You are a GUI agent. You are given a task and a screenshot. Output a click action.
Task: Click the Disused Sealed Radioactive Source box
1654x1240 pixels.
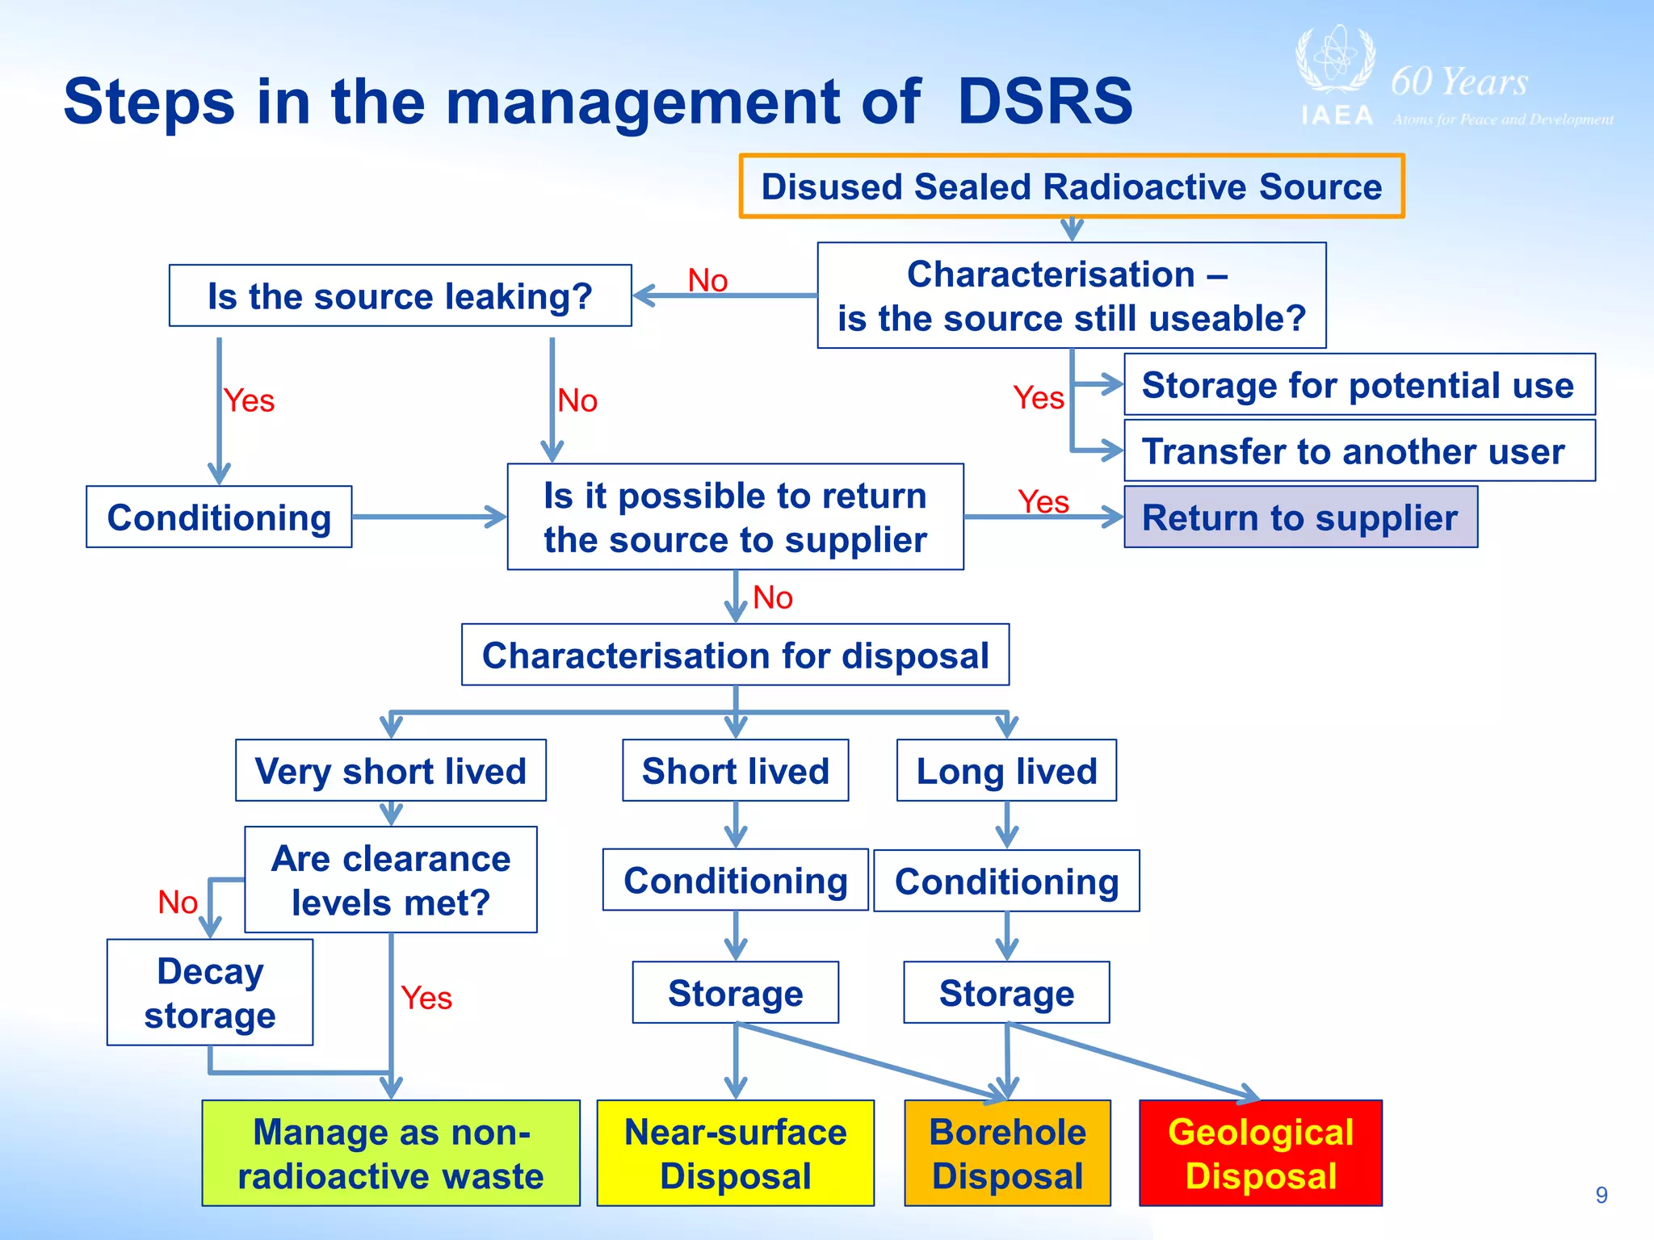(x=1071, y=186)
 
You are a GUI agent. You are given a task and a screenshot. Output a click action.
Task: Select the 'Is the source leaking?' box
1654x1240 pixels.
(x=400, y=296)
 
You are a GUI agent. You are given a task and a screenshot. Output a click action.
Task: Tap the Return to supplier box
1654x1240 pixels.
(x=1300, y=517)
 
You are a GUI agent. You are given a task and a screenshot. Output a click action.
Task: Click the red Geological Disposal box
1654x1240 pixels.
(x=1260, y=1153)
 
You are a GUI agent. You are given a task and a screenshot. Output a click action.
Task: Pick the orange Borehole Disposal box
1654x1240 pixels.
(x=1007, y=1153)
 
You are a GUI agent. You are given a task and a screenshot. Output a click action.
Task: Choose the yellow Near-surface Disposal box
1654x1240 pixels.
(x=735, y=1153)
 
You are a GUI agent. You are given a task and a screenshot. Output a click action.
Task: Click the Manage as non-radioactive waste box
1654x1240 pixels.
(x=391, y=1153)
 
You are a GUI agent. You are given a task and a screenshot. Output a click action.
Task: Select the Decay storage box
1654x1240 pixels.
(x=210, y=992)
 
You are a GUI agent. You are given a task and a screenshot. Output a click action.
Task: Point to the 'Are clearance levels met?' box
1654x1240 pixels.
(x=391, y=880)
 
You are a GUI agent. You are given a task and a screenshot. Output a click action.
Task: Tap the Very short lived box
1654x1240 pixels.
(x=391, y=771)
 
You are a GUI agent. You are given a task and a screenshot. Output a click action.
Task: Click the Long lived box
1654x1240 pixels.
(x=1006, y=771)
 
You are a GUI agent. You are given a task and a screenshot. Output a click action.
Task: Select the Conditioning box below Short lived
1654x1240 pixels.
(x=735, y=880)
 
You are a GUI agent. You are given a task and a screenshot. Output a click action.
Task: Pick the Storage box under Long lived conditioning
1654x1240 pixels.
(x=1006, y=993)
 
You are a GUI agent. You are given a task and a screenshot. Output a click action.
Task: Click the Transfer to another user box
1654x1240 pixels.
(x=1359, y=451)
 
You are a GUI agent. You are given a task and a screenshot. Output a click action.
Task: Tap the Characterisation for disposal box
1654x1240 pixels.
(x=735, y=655)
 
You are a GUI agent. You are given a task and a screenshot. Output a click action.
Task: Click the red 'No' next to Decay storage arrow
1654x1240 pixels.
(x=178, y=902)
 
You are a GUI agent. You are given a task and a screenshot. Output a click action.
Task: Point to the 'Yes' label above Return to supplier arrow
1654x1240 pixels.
(x=1043, y=501)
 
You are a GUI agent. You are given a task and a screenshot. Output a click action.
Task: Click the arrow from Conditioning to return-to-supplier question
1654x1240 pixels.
(x=428, y=517)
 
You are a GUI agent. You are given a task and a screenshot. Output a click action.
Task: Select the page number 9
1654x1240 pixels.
(x=1602, y=1195)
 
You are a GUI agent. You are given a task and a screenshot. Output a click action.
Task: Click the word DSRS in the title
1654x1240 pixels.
(x=1045, y=102)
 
